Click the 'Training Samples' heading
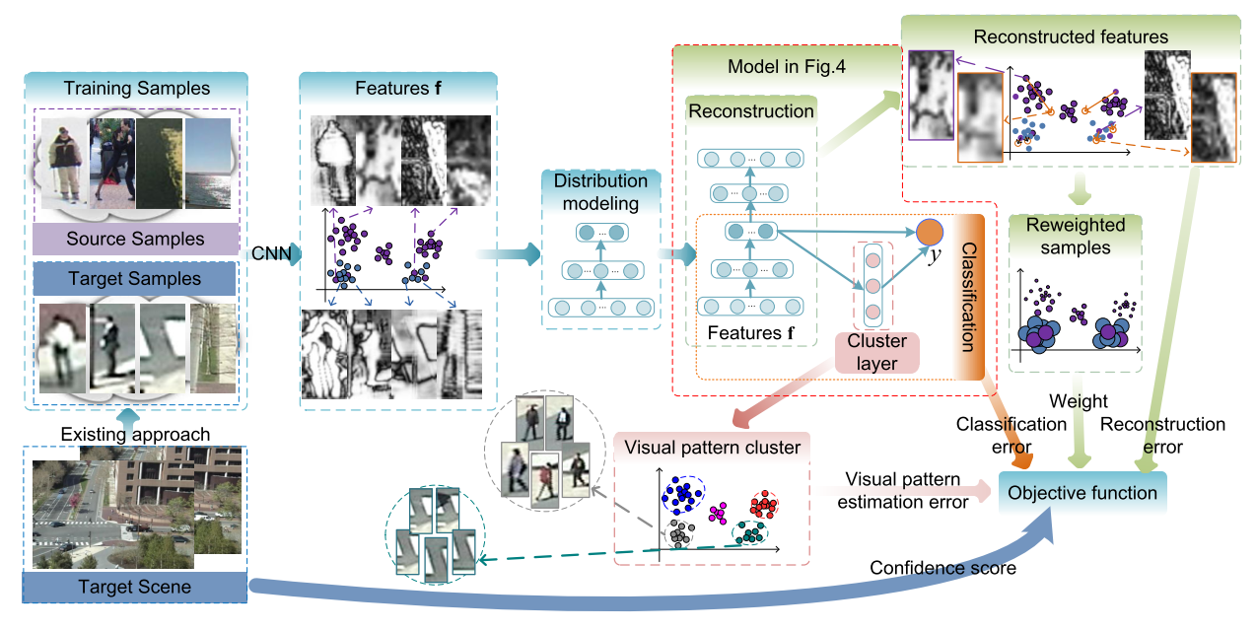[x=136, y=89]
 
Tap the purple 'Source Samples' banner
[x=135, y=239]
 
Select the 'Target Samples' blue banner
[x=135, y=280]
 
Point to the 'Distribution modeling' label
[x=600, y=192]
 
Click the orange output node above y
[x=930, y=233]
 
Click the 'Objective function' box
[x=1082, y=493]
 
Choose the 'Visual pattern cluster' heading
[x=712, y=448]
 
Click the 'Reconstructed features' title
[x=1070, y=36]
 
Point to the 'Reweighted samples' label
[x=1075, y=238]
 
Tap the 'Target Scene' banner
[x=135, y=588]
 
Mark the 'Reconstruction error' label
[x=1162, y=435]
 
